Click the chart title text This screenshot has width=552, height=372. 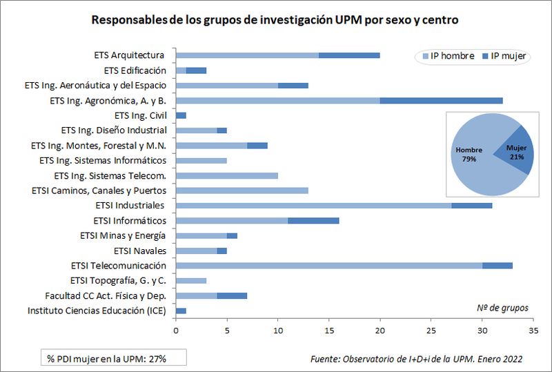275,20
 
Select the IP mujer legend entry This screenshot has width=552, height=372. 504,56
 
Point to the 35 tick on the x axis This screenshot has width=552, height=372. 533,331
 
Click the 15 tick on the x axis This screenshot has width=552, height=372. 329,331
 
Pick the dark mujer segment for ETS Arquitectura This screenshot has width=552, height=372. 349,55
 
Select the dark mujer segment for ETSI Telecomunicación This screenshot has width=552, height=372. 497,266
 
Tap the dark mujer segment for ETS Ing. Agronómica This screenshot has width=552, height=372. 441,101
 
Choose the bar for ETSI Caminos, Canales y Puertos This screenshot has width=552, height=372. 242,190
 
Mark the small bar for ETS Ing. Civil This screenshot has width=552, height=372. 181,115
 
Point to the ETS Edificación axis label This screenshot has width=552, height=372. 135,70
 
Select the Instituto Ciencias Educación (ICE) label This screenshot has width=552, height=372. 97,311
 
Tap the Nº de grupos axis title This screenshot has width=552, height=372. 502,307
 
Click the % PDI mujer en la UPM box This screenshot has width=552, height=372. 107,358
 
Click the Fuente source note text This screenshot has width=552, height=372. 416,359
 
